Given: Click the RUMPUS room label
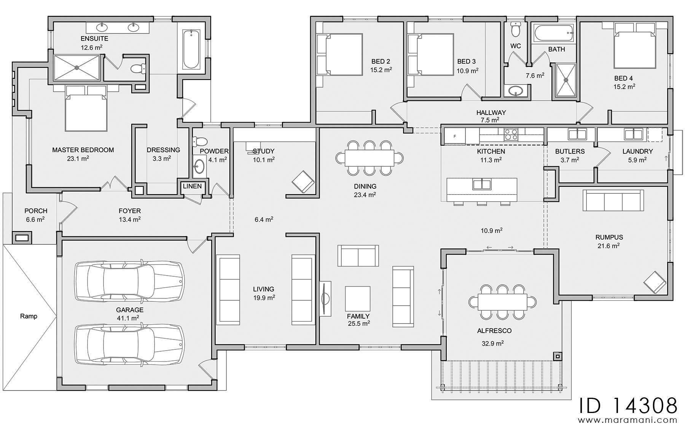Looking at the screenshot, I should coord(609,237).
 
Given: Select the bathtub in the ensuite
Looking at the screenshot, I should coord(191,49).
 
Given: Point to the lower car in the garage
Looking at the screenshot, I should coord(129,344).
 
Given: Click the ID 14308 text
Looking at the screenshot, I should coord(628,405).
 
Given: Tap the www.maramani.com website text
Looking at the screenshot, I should coord(628,420).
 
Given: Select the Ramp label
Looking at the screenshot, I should coord(29,316).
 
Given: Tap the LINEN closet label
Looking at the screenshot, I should coord(192,187).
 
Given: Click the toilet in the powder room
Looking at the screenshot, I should coord(199,142).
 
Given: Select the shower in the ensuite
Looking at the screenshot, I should coord(76,68).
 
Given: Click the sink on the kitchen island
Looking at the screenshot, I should coord(482,185).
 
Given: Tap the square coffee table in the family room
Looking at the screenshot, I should coord(358,299).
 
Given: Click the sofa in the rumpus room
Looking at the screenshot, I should coord(613,200).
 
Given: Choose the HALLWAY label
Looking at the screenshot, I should coord(491,113).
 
